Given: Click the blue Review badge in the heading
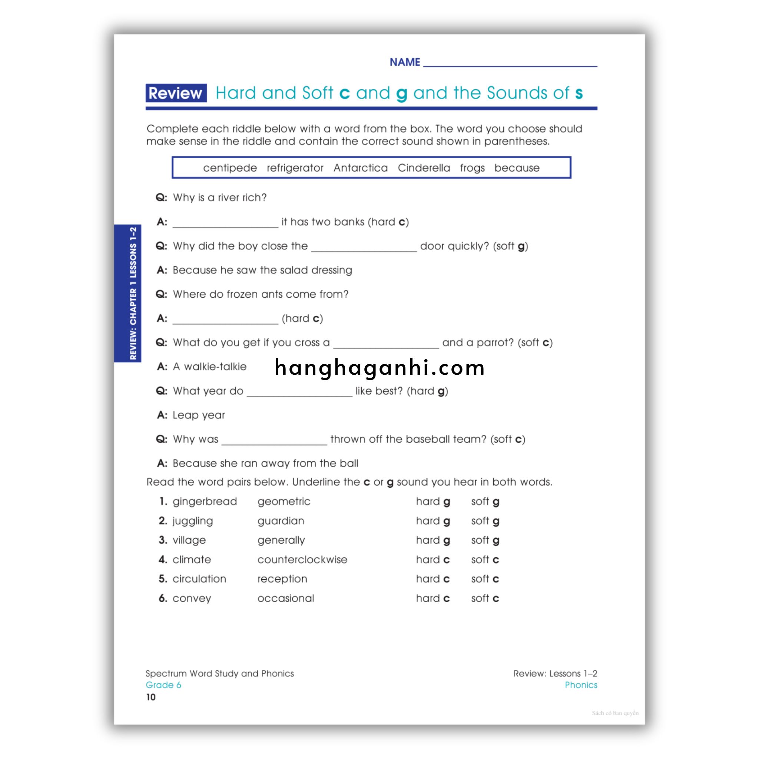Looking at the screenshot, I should tap(176, 93).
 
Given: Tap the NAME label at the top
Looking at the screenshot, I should tap(405, 62).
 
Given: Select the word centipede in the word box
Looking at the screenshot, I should tap(230, 168).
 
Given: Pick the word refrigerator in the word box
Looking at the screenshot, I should tap(295, 168).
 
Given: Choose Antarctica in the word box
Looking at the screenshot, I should tap(360, 168).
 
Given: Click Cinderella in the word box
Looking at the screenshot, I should tap(424, 168).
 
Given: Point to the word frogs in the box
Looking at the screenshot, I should tap(472, 168).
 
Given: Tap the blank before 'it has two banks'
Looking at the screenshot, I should tap(225, 224).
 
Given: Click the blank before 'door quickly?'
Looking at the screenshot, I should tap(364, 248).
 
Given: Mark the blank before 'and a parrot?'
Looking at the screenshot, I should tap(386, 345).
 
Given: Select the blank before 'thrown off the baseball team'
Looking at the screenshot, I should tap(274, 441).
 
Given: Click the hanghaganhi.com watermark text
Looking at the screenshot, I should tap(379, 368).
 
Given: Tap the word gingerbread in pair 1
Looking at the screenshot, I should tap(205, 502).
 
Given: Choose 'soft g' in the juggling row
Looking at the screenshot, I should tap(485, 521).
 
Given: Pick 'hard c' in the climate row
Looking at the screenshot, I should tap(432, 559).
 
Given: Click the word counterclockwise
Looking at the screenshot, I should tap(302, 559).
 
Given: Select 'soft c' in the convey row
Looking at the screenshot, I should tap(485, 598).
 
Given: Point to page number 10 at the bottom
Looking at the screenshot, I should tap(151, 697).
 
